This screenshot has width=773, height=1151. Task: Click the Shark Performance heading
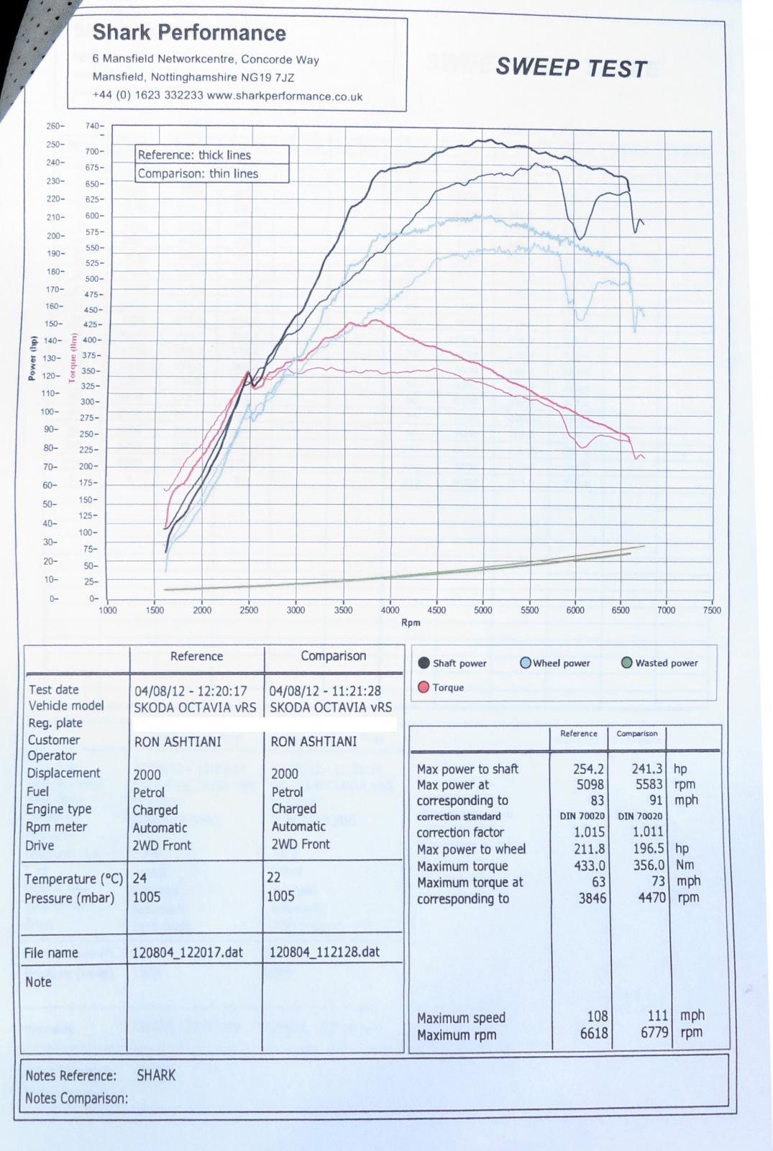coord(189,33)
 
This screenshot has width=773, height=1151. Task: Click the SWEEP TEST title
coord(572,68)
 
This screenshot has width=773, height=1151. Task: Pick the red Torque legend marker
coord(424,687)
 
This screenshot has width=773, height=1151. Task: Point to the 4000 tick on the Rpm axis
coord(390,610)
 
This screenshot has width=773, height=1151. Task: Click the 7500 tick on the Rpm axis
coord(711,610)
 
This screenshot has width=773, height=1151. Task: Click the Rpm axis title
coord(411,622)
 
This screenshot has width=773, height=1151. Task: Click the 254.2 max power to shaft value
coord(588,769)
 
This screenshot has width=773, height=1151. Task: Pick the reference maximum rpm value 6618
coord(593,1034)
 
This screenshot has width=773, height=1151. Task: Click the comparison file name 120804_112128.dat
coord(324,952)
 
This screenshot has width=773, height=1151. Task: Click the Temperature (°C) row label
coord(73,879)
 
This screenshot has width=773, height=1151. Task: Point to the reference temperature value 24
coord(139,878)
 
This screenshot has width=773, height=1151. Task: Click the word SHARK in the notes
coord(156,1075)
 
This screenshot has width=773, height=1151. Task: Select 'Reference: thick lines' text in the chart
coord(194,155)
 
